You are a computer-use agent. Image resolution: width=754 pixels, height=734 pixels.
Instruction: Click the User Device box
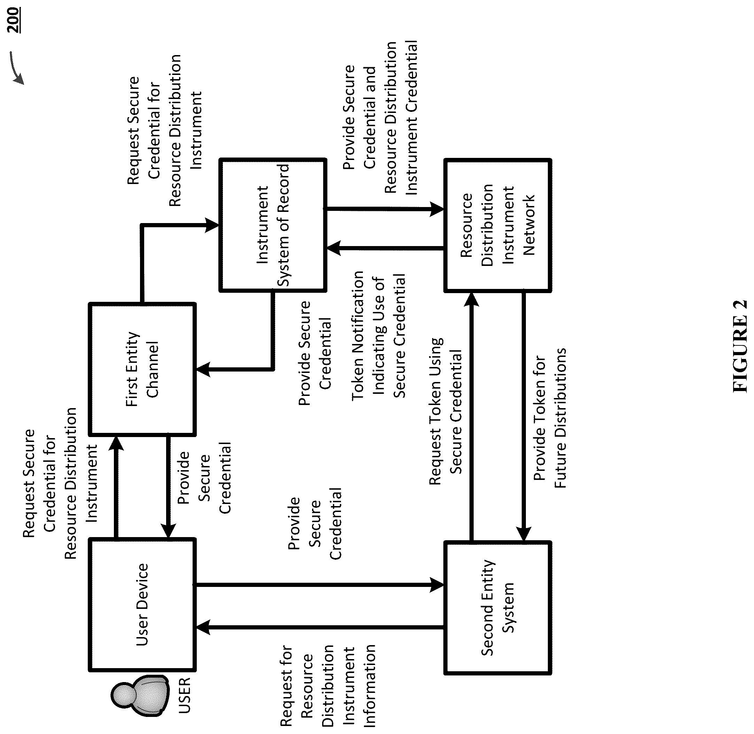[x=142, y=605]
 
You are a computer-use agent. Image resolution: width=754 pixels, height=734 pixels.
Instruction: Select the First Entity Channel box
[x=142, y=369]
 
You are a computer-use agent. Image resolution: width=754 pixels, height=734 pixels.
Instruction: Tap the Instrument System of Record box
[x=273, y=225]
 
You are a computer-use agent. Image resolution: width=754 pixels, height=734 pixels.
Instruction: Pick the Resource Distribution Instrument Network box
[x=498, y=225]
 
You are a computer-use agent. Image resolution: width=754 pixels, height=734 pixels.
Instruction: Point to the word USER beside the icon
[x=185, y=695]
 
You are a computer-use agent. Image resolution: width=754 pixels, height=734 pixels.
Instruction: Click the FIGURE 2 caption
[x=739, y=346]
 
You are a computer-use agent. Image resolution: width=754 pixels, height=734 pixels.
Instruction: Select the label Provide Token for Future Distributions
[x=550, y=418]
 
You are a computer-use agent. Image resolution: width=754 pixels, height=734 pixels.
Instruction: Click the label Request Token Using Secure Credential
[x=445, y=411]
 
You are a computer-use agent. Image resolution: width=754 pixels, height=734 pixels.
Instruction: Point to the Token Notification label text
[x=379, y=335]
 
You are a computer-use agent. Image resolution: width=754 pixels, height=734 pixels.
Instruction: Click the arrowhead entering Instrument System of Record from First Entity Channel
[x=212, y=225]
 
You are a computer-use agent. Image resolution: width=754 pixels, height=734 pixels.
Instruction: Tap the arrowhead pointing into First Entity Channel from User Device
[x=116, y=444]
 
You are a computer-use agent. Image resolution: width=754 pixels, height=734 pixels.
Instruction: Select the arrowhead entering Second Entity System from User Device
[x=437, y=585]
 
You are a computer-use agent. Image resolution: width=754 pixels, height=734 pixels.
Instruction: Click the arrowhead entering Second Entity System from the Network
[x=523, y=534]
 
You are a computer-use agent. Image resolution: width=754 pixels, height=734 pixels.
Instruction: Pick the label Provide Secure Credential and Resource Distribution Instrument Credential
[x=380, y=117]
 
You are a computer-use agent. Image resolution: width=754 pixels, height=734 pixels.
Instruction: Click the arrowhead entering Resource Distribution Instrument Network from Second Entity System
[x=471, y=299]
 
